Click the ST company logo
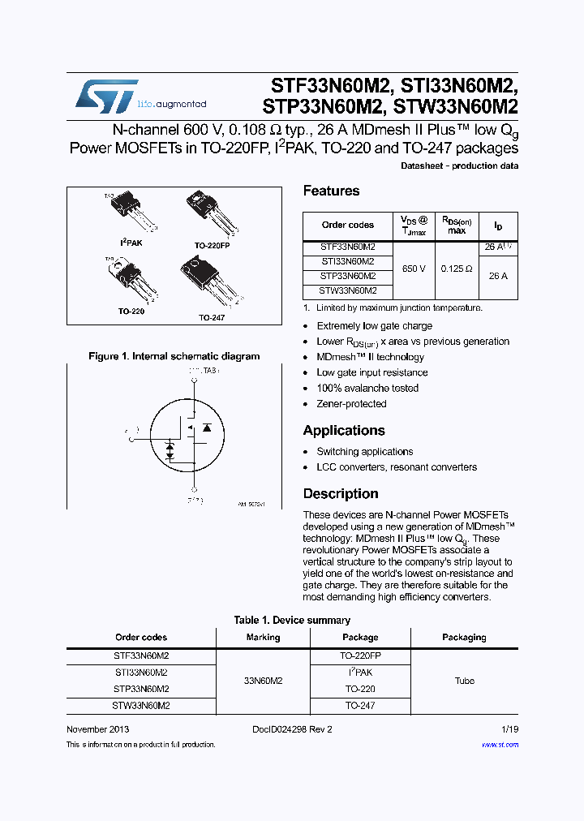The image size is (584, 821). click(106, 97)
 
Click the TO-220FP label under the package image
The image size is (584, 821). click(212, 244)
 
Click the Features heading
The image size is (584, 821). click(331, 191)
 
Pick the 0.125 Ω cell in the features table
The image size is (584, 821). click(457, 269)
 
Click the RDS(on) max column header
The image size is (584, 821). click(457, 225)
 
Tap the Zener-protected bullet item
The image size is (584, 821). click(351, 404)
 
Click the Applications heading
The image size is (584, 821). click(344, 431)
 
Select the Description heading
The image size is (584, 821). click(341, 494)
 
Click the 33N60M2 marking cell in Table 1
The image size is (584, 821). click(263, 681)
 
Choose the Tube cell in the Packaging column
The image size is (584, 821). click(464, 681)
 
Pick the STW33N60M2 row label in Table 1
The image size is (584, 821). click(141, 706)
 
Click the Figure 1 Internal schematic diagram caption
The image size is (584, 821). click(174, 356)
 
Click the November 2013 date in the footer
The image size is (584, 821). click(97, 729)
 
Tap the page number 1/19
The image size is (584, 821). click(509, 729)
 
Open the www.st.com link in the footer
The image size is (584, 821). click(500, 745)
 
